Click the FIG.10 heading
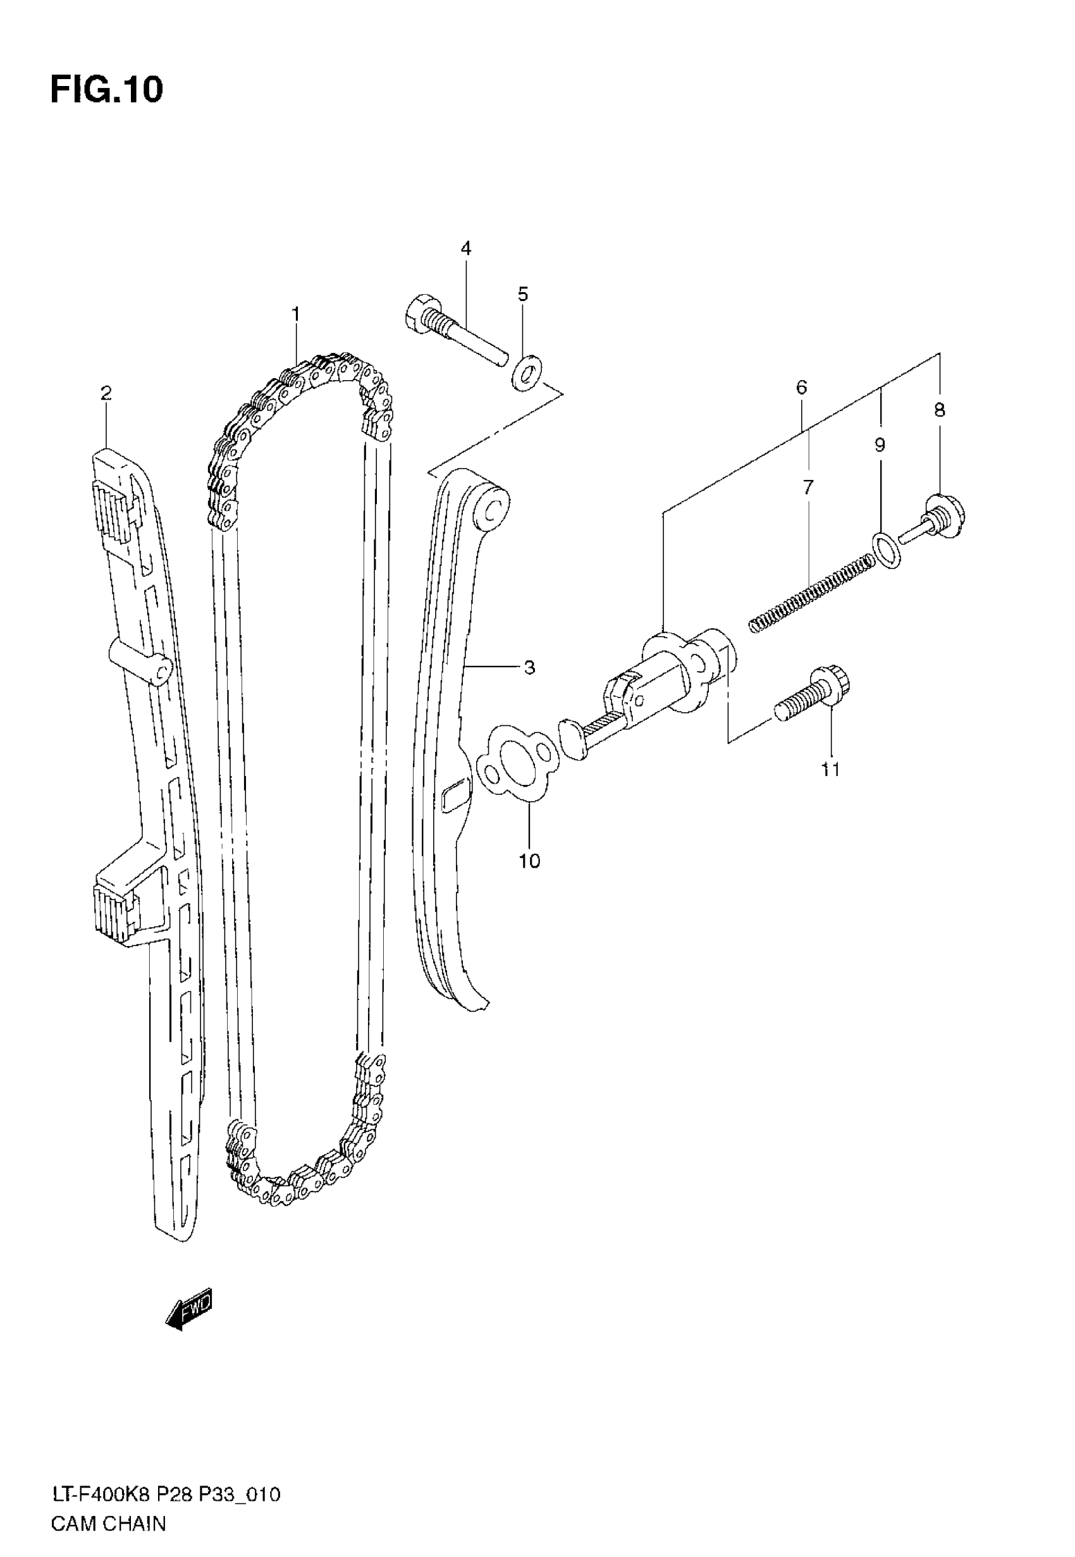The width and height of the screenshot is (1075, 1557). (x=106, y=90)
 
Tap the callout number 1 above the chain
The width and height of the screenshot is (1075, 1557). (x=295, y=314)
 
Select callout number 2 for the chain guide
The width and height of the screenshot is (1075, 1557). (x=106, y=393)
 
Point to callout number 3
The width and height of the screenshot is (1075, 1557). (x=529, y=667)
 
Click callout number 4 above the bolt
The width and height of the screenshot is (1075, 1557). (x=466, y=248)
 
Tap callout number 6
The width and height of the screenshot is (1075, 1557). (x=801, y=387)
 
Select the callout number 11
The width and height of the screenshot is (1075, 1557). (x=830, y=769)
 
